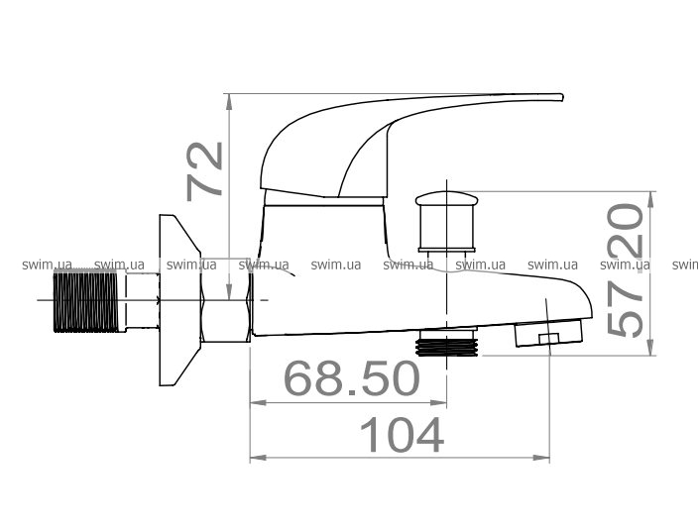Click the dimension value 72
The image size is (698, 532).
(x=204, y=171)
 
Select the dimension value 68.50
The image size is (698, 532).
(x=352, y=378)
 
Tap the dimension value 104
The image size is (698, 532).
(x=402, y=435)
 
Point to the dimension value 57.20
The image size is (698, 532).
(x=626, y=270)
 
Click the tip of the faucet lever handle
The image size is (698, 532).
(x=562, y=97)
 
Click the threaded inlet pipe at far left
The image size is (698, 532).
(x=86, y=301)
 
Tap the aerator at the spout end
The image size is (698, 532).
(x=548, y=333)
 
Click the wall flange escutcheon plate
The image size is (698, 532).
(x=179, y=300)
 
